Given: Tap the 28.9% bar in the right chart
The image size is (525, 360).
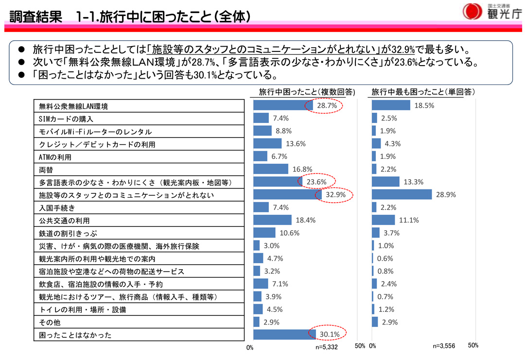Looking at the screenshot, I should click(x=402, y=194).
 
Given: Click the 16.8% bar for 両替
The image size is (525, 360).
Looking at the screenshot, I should click(x=271, y=169).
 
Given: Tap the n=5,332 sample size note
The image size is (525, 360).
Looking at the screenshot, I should click(x=326, y=347).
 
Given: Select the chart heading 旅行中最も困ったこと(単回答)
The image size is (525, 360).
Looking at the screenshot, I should click(x=423, y=92).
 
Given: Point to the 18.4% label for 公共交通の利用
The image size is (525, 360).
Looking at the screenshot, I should click(x=306, y=220).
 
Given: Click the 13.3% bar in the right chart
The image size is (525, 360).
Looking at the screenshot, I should click(x=385, y=182).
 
